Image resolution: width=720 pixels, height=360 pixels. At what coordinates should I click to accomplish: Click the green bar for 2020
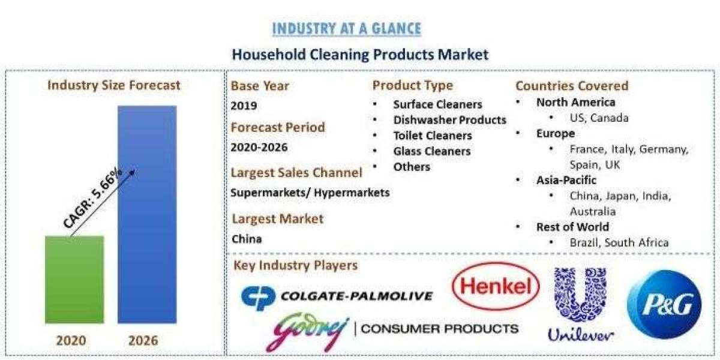(x=74, y=280)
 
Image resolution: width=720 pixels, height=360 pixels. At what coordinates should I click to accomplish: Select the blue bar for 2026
(x=147, y=214)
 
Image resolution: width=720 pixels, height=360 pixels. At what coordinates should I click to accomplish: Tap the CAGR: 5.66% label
(x=92, y=198)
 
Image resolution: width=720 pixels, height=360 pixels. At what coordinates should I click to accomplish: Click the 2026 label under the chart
(x=143, y=341)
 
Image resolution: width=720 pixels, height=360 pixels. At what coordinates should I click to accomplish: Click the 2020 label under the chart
(x=71, y=341)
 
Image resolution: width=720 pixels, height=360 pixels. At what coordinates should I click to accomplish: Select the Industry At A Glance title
(x=347, y=29)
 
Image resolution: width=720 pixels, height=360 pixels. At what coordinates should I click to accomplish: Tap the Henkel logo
(x=496, y=286)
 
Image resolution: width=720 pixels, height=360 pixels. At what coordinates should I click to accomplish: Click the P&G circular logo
(x=664, y=304)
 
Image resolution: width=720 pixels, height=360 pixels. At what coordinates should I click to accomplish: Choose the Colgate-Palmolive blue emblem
(x=258, y=298)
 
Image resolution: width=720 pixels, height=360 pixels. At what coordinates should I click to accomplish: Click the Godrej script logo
(x=307, y=331)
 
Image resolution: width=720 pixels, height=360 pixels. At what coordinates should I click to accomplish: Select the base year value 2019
(x=244, y=106)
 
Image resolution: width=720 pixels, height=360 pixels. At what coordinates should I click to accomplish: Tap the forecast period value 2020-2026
(x=259, y=148)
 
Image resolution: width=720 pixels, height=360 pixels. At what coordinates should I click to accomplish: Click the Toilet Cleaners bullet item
(x=433, y=136)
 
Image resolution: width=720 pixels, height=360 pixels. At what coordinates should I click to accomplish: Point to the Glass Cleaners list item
(x=432, y=151)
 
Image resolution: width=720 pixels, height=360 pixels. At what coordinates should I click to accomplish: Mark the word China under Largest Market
(x=247, y=239)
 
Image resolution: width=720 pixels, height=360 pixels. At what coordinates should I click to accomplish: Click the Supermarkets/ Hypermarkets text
(x=310, y=193)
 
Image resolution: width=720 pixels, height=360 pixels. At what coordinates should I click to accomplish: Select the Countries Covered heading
(x=572, y=86)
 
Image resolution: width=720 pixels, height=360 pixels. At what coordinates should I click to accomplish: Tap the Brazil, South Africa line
(x=619, y=242)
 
